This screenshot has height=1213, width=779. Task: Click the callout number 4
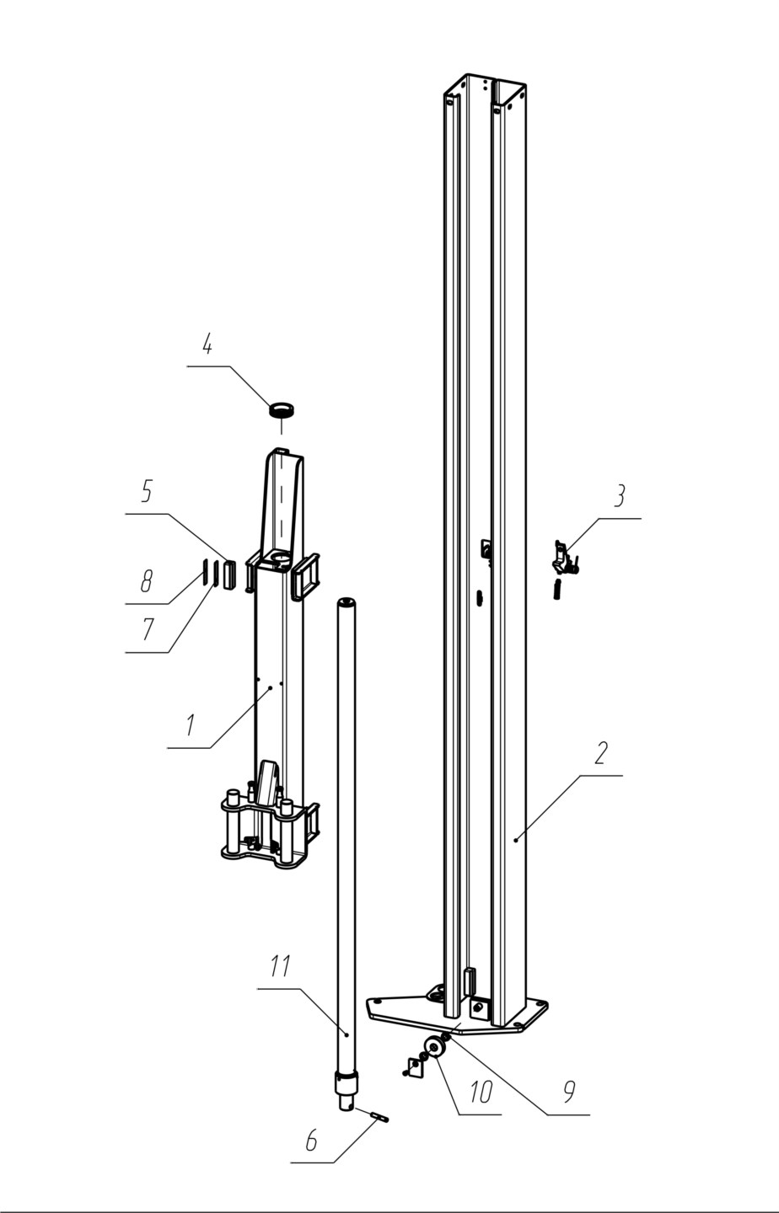tap(207, 345)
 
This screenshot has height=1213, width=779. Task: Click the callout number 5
tap(146, 492)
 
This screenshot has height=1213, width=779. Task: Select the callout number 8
tap(146, 581)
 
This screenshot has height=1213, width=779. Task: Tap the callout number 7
tap(147, 630)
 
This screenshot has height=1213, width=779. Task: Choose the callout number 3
tap(619, 497)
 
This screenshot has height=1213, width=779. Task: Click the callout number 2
tap(600, 753)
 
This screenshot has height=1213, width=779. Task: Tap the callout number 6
tap(311, 1140)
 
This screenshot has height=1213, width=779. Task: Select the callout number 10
tap(481, 1092)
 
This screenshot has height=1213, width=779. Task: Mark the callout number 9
tap(568, 1093)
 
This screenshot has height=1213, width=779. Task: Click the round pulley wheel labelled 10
tap(435, 1045)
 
